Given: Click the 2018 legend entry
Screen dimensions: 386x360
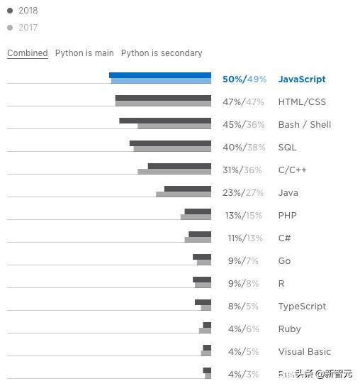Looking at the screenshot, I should click(x=23, y=11).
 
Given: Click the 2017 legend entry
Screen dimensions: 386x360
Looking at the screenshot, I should click(x=23, y=28).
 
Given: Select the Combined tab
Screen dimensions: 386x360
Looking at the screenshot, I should click(x=28, y=53).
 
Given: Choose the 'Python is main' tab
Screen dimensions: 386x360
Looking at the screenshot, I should click(x=84, y=53).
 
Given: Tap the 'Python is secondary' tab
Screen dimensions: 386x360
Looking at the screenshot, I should click(x=162, y=53).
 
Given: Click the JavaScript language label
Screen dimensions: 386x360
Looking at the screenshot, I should click(x=302, y=79).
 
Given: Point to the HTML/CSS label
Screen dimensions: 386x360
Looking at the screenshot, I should click(x=302, y=102).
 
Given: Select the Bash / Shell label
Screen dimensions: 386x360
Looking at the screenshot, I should click(x=305, y=125).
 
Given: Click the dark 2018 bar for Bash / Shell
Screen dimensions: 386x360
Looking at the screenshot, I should click(x=165, y=121).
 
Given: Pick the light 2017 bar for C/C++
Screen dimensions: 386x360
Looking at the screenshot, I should click(x=174, y=172).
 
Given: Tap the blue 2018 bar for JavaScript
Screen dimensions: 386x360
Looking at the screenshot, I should click(x=160, y=75).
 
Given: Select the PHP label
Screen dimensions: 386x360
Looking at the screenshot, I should click(x=287, y=216).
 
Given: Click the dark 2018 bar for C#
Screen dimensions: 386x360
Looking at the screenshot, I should click(x=200, y=234).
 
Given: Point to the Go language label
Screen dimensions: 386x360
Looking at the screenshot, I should click(x=284, y=261).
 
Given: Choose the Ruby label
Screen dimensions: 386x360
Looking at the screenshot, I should click(x=289, y=329).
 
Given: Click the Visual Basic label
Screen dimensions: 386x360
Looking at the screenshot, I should click(x=304, y=352).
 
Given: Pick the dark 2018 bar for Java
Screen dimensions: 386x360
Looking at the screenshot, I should click(x=188, y=189).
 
